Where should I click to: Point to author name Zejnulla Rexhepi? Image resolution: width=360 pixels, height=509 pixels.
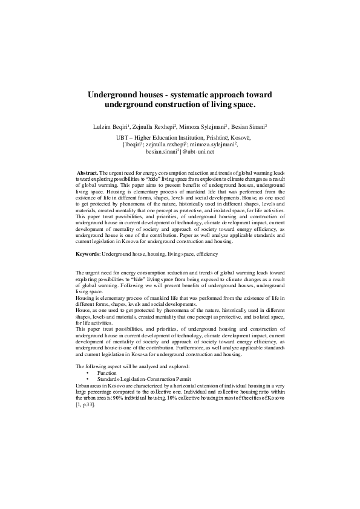click(151, 128)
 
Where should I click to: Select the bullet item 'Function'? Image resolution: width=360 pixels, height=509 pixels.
click(106, 374)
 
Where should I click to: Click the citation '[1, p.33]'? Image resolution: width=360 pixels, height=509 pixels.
click(84, 404)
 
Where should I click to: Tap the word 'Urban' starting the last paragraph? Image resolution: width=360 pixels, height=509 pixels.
click(83, 384)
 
